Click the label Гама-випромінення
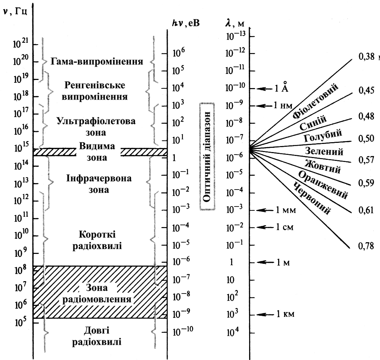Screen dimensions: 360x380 pyautogui.click(x=97, y=62)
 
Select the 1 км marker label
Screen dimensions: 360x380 pyautogui.click(x=285, y=314)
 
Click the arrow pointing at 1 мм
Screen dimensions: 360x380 pyautogui.click(x=264, y=210)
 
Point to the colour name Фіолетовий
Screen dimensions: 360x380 pyautogui.click(x=316, y=101)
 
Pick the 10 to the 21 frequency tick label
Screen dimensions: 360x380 pyautogui.click(x=22, y=45)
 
